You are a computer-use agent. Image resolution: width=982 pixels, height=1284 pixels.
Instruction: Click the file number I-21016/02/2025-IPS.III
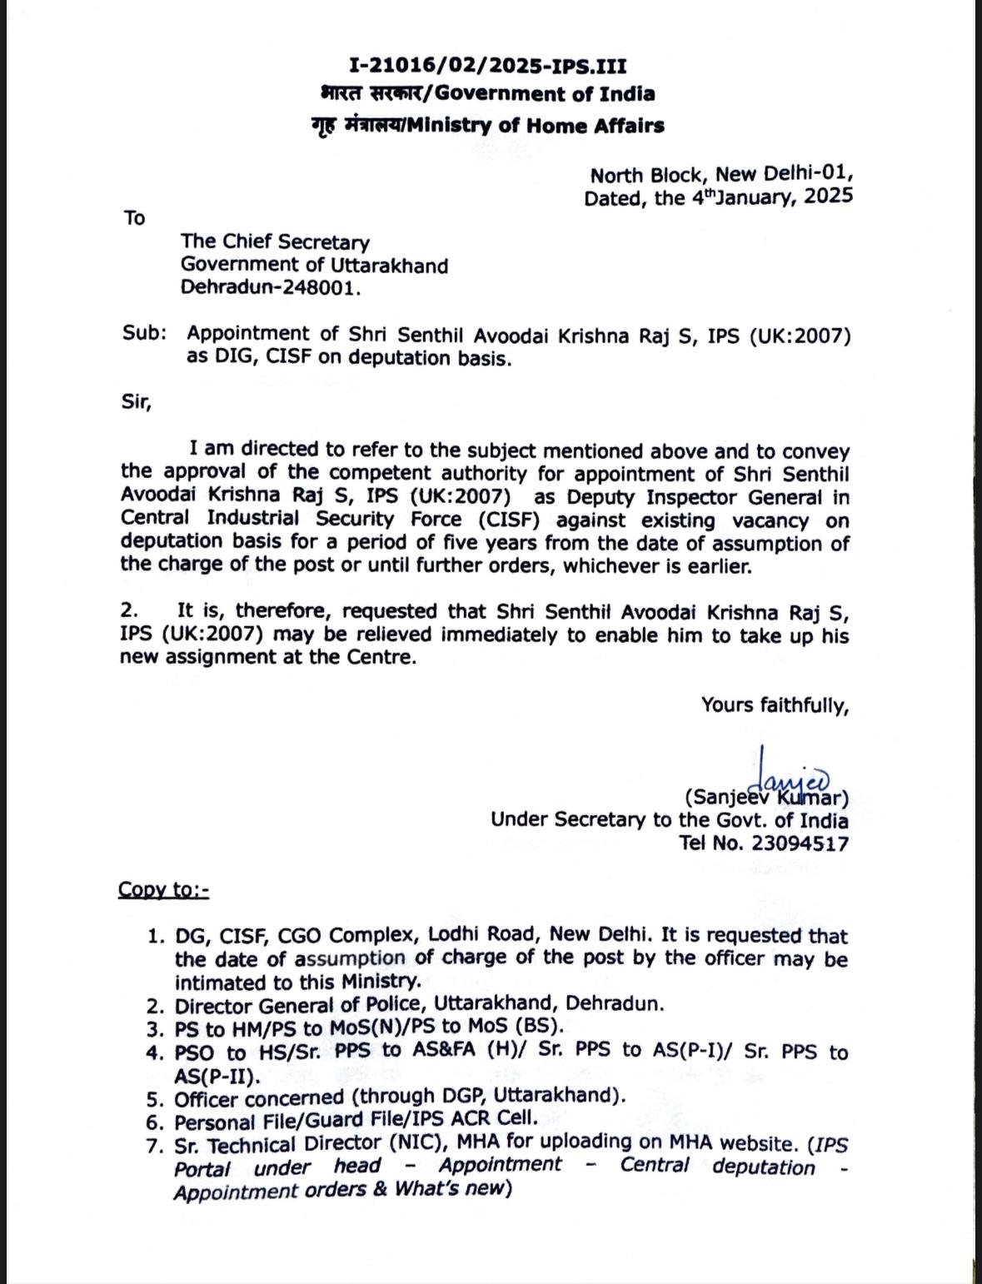487,66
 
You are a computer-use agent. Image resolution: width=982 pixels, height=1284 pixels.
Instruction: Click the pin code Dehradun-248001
272,288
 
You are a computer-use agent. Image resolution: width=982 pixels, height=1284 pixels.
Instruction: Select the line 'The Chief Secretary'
275,242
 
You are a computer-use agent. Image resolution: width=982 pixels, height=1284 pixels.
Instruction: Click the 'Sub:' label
144,333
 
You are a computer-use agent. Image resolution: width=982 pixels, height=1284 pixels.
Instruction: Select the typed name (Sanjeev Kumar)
766,798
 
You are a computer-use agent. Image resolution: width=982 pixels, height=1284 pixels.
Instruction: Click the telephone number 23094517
800,843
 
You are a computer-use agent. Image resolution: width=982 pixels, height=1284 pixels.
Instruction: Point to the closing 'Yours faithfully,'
775,705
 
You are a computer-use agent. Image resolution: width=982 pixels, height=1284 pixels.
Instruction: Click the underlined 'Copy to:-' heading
163,889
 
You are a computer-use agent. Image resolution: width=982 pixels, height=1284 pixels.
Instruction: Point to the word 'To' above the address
134,218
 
